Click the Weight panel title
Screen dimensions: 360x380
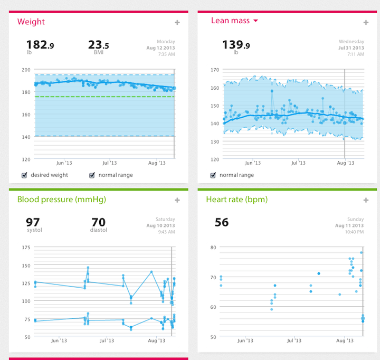click(31, 22)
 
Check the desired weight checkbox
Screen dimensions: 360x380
click(24, 175)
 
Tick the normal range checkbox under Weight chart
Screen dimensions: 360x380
click(92, 175)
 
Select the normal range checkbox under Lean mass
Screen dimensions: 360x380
click(213, 175)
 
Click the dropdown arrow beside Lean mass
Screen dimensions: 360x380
click(255, 21)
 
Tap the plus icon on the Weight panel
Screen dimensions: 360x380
click(177, 23)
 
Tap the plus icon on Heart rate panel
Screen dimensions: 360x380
click(366, 200)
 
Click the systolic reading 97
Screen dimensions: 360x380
click(33, 222)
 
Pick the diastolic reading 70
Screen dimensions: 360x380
click(99, 222)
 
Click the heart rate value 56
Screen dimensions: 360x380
click(222, 222)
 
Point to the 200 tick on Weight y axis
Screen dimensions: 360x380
click(25, 70)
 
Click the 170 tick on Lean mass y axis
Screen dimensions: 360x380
click(214, 70)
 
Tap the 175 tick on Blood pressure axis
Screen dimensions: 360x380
click(25, 247)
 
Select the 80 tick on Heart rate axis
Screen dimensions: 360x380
click(214, 247)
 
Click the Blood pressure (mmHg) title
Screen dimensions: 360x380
click(61, 200)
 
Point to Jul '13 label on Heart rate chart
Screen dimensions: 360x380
click(294, 341)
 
